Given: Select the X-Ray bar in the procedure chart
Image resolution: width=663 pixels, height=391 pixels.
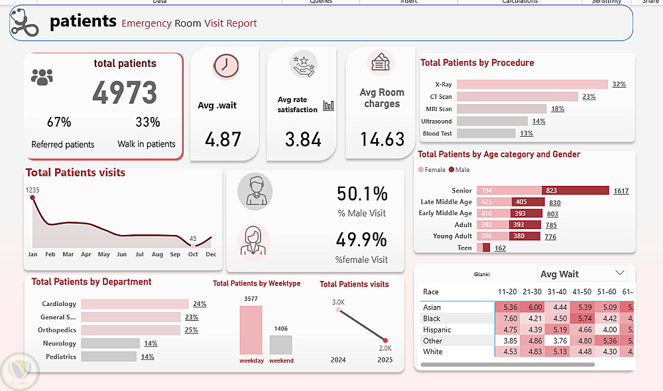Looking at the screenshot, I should [532, 84].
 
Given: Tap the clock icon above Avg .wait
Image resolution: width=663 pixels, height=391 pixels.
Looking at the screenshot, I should [226, 65].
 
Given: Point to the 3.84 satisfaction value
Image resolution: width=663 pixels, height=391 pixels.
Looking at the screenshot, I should [303, 139].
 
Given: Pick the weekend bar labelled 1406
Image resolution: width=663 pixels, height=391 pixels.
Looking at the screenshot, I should [280, 345].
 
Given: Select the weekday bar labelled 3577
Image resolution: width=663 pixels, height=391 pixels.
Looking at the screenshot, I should [251, 330].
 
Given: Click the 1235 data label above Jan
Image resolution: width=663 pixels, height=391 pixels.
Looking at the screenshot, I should [33, 191].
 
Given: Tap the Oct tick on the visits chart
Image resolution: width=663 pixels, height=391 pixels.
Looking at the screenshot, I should [193, 254].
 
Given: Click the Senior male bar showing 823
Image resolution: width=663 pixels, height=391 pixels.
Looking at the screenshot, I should [575, 191].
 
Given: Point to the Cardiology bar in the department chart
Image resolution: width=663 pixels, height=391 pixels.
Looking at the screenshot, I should [135, 304].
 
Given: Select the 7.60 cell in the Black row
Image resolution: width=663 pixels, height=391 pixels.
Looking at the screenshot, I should [511, 319].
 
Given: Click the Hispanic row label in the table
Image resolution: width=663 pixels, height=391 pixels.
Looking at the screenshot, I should [437, 330].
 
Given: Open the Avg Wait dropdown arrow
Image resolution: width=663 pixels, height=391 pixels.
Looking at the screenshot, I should [620, 273].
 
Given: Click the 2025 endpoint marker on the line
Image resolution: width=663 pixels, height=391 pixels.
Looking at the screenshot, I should [385, 340].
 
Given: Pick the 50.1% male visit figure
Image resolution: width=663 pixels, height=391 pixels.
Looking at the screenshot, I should [362, 195].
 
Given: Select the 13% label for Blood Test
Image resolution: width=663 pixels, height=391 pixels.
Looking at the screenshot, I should [526, 133].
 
